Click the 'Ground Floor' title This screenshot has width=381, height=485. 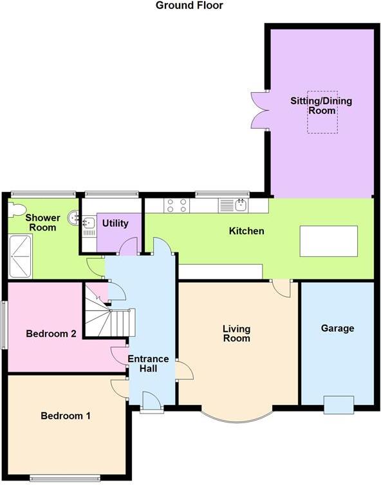(190, 6)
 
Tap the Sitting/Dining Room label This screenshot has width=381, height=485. (322, 106)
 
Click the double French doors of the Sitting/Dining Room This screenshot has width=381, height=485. (259, 110)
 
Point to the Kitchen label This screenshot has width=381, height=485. (246, 231)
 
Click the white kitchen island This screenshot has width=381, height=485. (328, 241)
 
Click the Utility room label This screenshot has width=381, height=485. (115, 223)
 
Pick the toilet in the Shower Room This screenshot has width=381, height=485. (16, 209)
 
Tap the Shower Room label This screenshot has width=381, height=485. (42, 222)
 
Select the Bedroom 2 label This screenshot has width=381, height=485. (51, 334)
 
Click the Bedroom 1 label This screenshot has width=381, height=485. (66, 415)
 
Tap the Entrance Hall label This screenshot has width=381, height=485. (148, 363)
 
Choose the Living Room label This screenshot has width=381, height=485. (236, 334)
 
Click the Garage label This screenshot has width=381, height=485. (338, 328)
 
